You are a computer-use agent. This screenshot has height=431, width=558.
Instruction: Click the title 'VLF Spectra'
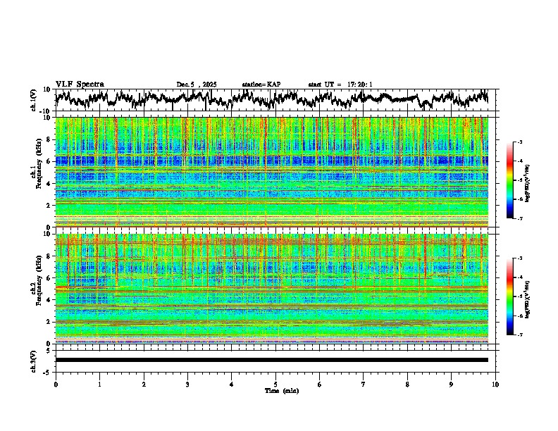pyautogui.click(x=80, y=84)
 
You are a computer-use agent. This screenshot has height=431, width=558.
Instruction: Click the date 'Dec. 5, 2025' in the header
pyautogui.click(x=197, y=85)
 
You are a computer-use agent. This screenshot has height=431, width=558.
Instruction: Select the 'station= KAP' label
pyautogui.click(x=261, y=85)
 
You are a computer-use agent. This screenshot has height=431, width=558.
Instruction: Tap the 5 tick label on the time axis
pyautogui.click(x=275, y=384)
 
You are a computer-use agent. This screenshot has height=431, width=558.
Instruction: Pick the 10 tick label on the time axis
pyautogui.click(x=495, y=384)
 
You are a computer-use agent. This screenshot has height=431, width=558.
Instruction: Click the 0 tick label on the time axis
pyautogui.click(x=56, y=384)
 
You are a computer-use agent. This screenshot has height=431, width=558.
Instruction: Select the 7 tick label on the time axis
pyautogui.click(x=364, y=384)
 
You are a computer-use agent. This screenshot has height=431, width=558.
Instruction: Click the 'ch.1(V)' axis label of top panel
pyautogui.click(x=34, y=100)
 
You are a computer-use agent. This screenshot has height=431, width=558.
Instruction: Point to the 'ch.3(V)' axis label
pyautogui.click(x=34, y=360)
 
